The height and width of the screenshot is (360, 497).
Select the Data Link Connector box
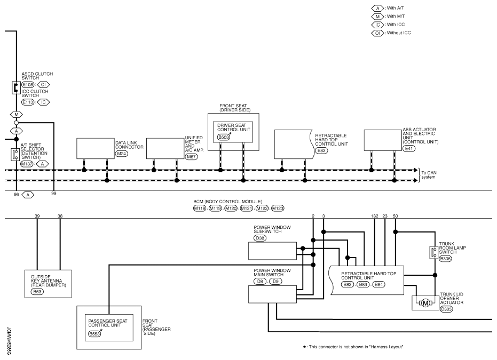pos(95,148)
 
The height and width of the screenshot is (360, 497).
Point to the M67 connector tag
pos(191,157)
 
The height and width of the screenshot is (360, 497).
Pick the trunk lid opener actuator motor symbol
pos(425,303)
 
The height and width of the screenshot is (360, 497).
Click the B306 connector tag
pos(446,259)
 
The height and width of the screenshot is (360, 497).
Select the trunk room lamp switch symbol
pos(433,252)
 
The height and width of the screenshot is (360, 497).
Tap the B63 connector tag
pos(37,292)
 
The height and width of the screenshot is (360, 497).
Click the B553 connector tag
pos(94,334)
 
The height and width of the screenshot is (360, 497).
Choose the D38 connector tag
pos(260,237)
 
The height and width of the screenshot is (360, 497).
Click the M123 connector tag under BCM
pos(278,208)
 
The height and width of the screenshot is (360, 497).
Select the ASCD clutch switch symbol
pos(16,87)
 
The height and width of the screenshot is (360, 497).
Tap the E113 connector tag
pos(28,101)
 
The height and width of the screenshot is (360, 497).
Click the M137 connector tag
pos(27,164)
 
